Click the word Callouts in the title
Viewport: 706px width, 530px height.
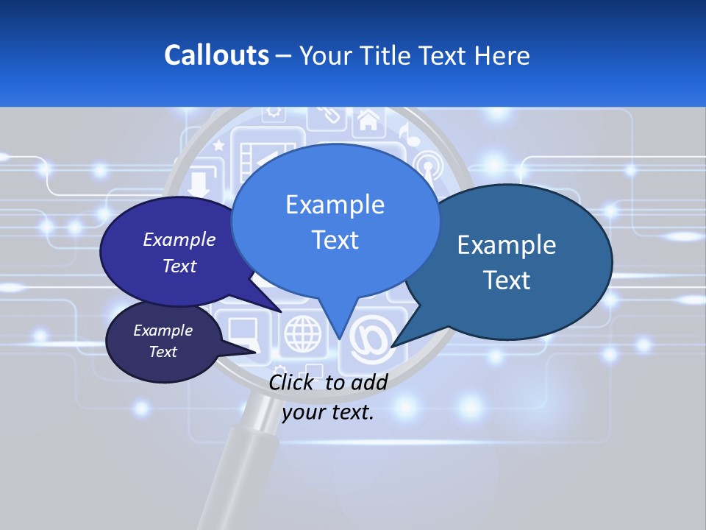[216, 55]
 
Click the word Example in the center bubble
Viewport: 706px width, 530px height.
[335, 205]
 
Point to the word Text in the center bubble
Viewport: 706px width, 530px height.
[335, 240]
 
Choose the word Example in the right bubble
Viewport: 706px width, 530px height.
[506, 245]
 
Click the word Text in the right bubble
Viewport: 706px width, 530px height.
[506, 280]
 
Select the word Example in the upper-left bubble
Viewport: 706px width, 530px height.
[179, 239]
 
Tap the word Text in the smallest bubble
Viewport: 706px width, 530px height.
[163, 352]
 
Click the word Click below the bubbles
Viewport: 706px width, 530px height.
[293, 382]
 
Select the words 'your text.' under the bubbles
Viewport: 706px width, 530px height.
[328, 412]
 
